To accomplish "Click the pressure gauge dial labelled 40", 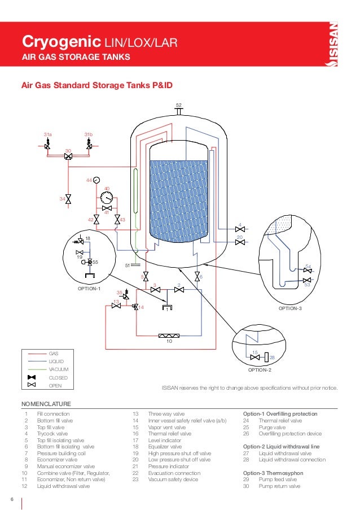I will [x=105, y=198].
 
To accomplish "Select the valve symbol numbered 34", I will [x=68, y=199].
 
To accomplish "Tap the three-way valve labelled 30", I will [x=68, y=157].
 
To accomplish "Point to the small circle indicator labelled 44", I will [x=96, y=180].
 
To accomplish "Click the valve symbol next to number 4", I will [x=240, y=229].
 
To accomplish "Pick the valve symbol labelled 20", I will [x=240, y=242].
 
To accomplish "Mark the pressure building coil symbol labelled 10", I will [x=169, y=336].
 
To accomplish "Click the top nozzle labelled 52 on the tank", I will [x=178, y=111].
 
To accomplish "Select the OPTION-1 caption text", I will [x=89, y=289].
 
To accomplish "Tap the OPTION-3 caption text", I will [x=291, y=309].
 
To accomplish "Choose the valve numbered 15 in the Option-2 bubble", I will [x=255, y=358].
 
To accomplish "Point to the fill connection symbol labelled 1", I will [x=167, y=307].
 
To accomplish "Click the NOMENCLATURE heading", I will [x=46, y=404].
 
